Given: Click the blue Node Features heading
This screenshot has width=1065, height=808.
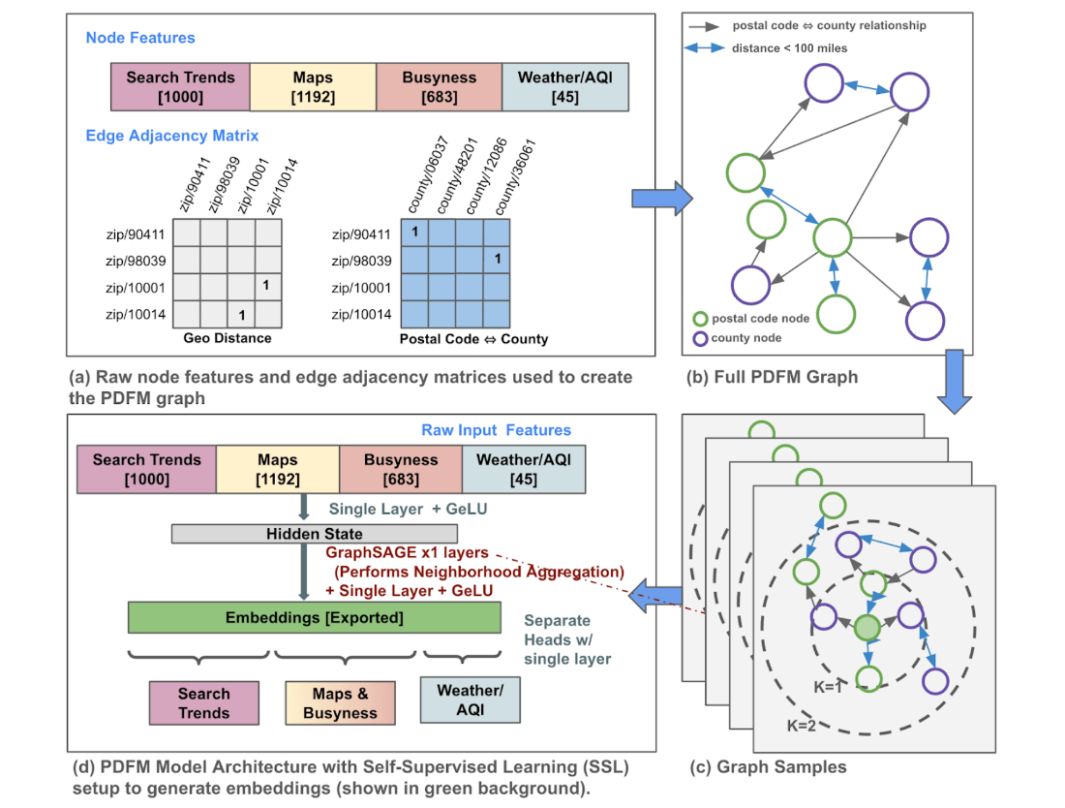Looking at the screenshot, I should coord(140,38).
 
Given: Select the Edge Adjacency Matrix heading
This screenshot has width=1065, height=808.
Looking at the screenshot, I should coord(171,136).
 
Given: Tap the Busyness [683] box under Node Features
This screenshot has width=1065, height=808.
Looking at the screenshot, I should coord(440,85).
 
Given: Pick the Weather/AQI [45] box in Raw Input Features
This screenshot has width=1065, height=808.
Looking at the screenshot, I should coord(524,469).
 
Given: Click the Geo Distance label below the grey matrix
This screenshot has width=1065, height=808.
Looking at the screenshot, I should coord(228,338).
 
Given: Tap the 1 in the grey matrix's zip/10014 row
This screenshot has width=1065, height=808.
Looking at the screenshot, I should coord(242,315).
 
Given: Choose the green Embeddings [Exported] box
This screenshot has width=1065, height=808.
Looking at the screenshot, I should coord(315,618).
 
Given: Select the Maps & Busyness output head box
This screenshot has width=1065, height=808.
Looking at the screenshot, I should coord(340,703).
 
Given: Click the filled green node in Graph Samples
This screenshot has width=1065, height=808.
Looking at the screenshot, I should coord(867,629).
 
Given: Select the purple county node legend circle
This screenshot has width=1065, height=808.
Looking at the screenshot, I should coord(700,339).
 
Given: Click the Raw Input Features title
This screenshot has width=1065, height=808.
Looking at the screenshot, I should coord(496,429).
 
